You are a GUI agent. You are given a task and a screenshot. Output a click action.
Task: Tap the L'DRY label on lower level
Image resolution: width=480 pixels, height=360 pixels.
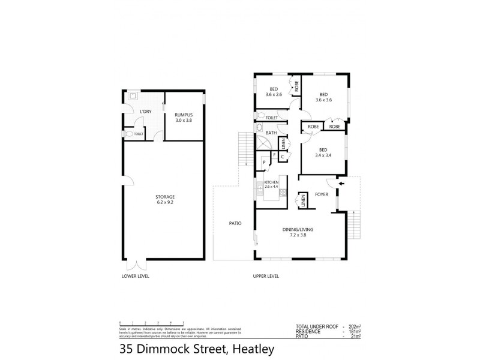(145, 112)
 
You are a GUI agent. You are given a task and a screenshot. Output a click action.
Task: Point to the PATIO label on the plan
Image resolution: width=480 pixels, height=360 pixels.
(235, 223)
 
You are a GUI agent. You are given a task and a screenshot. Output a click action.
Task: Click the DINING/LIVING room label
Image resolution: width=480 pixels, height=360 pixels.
(299, 230)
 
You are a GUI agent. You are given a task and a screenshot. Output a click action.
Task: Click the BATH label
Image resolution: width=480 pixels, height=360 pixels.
(271, 133)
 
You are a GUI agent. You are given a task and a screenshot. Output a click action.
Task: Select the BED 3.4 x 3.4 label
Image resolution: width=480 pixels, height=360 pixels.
(323, 152)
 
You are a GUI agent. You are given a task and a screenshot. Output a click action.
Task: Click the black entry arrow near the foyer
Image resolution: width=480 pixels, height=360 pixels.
(341, 184)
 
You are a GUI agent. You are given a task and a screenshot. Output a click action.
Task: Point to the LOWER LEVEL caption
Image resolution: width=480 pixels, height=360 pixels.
(135, 277)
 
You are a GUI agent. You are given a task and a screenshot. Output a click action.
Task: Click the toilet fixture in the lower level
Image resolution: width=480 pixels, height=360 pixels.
(128, 134)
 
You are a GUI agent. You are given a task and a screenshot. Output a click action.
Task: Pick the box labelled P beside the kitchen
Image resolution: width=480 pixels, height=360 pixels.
(264, 162)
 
